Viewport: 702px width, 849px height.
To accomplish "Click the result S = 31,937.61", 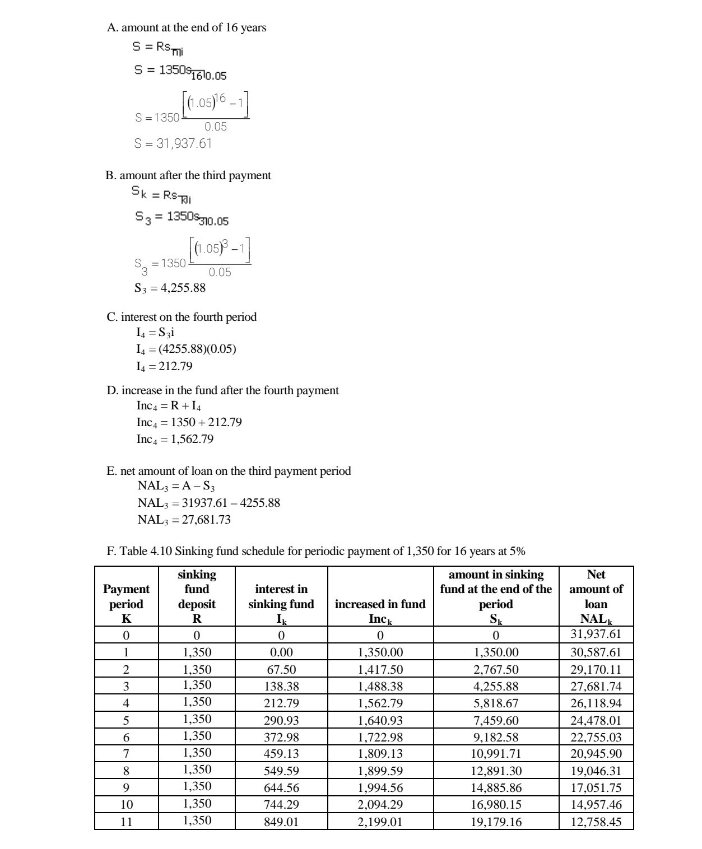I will click(173, 143).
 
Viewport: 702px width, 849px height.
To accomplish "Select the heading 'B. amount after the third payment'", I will click(188, 175).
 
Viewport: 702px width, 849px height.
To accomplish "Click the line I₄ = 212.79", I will click(164, 366).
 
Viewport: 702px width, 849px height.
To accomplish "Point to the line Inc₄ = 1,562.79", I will click(175, 439).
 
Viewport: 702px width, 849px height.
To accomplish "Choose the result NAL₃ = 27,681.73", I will click(184, 520).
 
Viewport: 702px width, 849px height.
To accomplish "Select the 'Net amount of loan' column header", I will click(596, 596).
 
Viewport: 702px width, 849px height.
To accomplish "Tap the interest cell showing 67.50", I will click(281, 670).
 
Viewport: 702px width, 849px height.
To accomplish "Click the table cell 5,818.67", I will click(496, 703).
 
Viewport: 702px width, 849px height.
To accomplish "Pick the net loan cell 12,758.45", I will click(596, 822).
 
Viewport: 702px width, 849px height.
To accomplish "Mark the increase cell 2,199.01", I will click(380, 822).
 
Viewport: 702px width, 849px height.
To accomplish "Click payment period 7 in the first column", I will click(126, 754).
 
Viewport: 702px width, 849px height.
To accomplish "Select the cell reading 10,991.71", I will click(496, 754).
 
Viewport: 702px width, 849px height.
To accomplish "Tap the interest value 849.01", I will click(281, 822).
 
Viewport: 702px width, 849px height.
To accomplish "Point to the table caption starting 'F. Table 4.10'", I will click(315, 551).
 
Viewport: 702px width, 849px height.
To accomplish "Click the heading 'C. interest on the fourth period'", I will click(182, 317).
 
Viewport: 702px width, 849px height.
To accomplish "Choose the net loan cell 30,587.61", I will click(596, 652).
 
